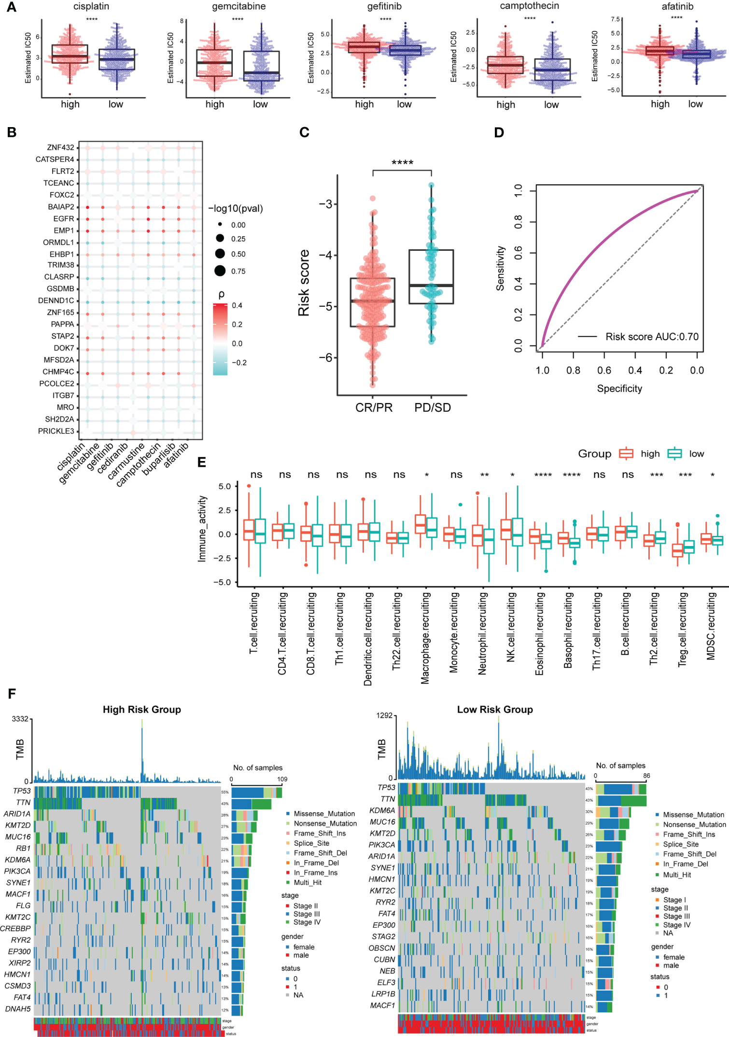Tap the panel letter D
(499, 132)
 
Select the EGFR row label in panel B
(64, 219)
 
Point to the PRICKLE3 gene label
(56, 431)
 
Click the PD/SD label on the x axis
(433, 408)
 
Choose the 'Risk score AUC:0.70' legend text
(652, 337)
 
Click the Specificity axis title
(619, 389)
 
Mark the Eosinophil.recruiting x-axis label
(540, 634)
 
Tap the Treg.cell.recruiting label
(683, 630)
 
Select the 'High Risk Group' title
(141, 709)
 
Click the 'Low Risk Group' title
(495, 709)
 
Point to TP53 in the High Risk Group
(22, 791)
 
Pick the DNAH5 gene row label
(18, 1009)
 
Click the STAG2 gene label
(383, 936)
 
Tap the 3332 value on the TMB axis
(20, 719)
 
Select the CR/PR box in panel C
(373, 302)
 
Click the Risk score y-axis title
(304, 283)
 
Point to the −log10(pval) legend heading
(236, 209)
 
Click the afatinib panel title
(677, 7)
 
